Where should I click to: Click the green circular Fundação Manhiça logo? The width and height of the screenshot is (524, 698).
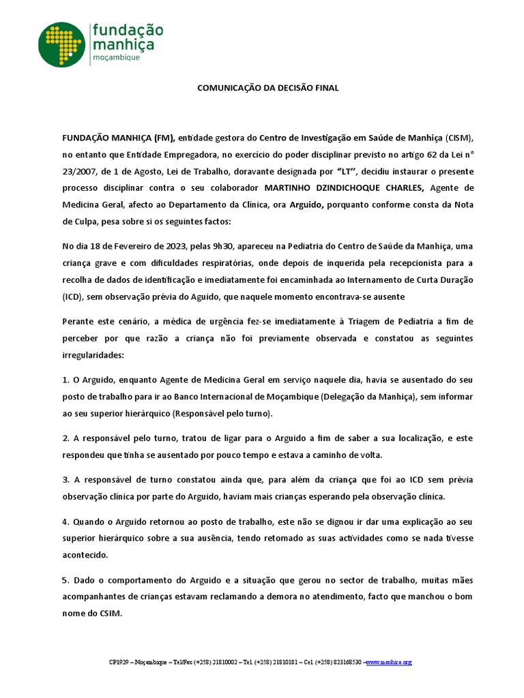(x=62, y=44)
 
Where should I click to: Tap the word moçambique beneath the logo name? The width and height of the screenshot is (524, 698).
(x=116, y=59)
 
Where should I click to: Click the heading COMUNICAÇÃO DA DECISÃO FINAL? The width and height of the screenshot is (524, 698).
(x=268, y=88)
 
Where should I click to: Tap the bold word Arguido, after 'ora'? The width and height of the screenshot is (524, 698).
(x=306, y=205)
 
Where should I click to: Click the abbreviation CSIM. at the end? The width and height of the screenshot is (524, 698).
(x=109, y=613)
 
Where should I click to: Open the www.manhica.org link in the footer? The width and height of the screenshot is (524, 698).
(x=389, y=662)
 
